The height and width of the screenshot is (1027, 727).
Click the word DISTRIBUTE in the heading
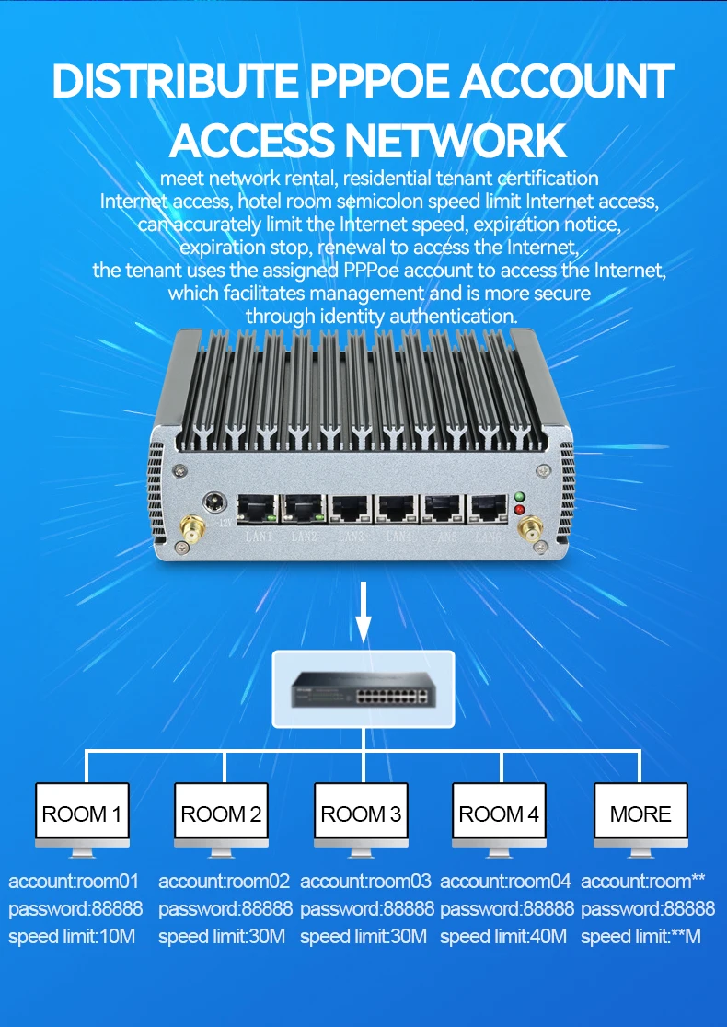click(175, 82)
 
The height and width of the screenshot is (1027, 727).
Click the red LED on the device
click(520, 510)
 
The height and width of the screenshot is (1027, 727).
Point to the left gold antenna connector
click(193, 531)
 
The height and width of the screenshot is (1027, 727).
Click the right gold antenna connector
click(530, 530)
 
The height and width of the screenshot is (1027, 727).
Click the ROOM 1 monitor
click(82, 814)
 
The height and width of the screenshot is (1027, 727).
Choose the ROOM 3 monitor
click(361, 814)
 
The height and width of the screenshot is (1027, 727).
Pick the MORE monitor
click(640, 814)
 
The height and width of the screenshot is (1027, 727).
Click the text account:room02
click(224, 882)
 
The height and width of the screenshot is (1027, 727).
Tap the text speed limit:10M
click(73, 937)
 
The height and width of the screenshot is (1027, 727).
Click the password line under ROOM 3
click(366, 909)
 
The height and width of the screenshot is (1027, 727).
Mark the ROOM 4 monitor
click(499, 814)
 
